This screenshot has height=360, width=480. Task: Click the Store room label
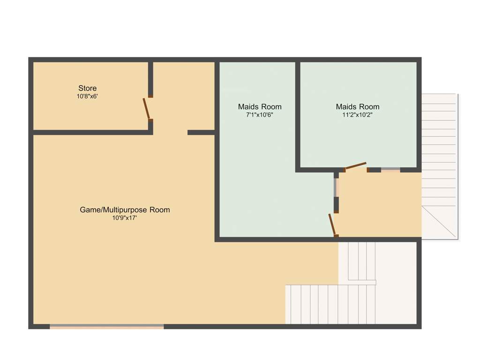point(87,88)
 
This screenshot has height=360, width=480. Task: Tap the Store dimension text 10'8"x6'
point(87,96)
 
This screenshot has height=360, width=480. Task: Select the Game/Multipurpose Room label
point(125,210)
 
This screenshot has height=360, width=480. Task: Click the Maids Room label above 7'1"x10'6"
point(260,106)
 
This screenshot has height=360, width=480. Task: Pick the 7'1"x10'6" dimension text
point(260,114)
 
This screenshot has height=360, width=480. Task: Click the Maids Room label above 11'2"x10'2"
point(358,106)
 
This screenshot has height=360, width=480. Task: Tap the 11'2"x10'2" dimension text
point(358,114)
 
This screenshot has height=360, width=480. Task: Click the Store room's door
point(147,109)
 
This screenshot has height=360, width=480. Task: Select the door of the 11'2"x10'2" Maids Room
point(355,166)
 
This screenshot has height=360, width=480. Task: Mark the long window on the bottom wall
point(107,326)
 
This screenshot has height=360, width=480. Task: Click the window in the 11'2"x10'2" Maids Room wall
point(390,170)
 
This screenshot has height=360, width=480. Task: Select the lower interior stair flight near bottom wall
point(330,304)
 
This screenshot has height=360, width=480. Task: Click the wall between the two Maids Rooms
point(298,115)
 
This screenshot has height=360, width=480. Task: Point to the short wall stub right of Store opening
point(201,133)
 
